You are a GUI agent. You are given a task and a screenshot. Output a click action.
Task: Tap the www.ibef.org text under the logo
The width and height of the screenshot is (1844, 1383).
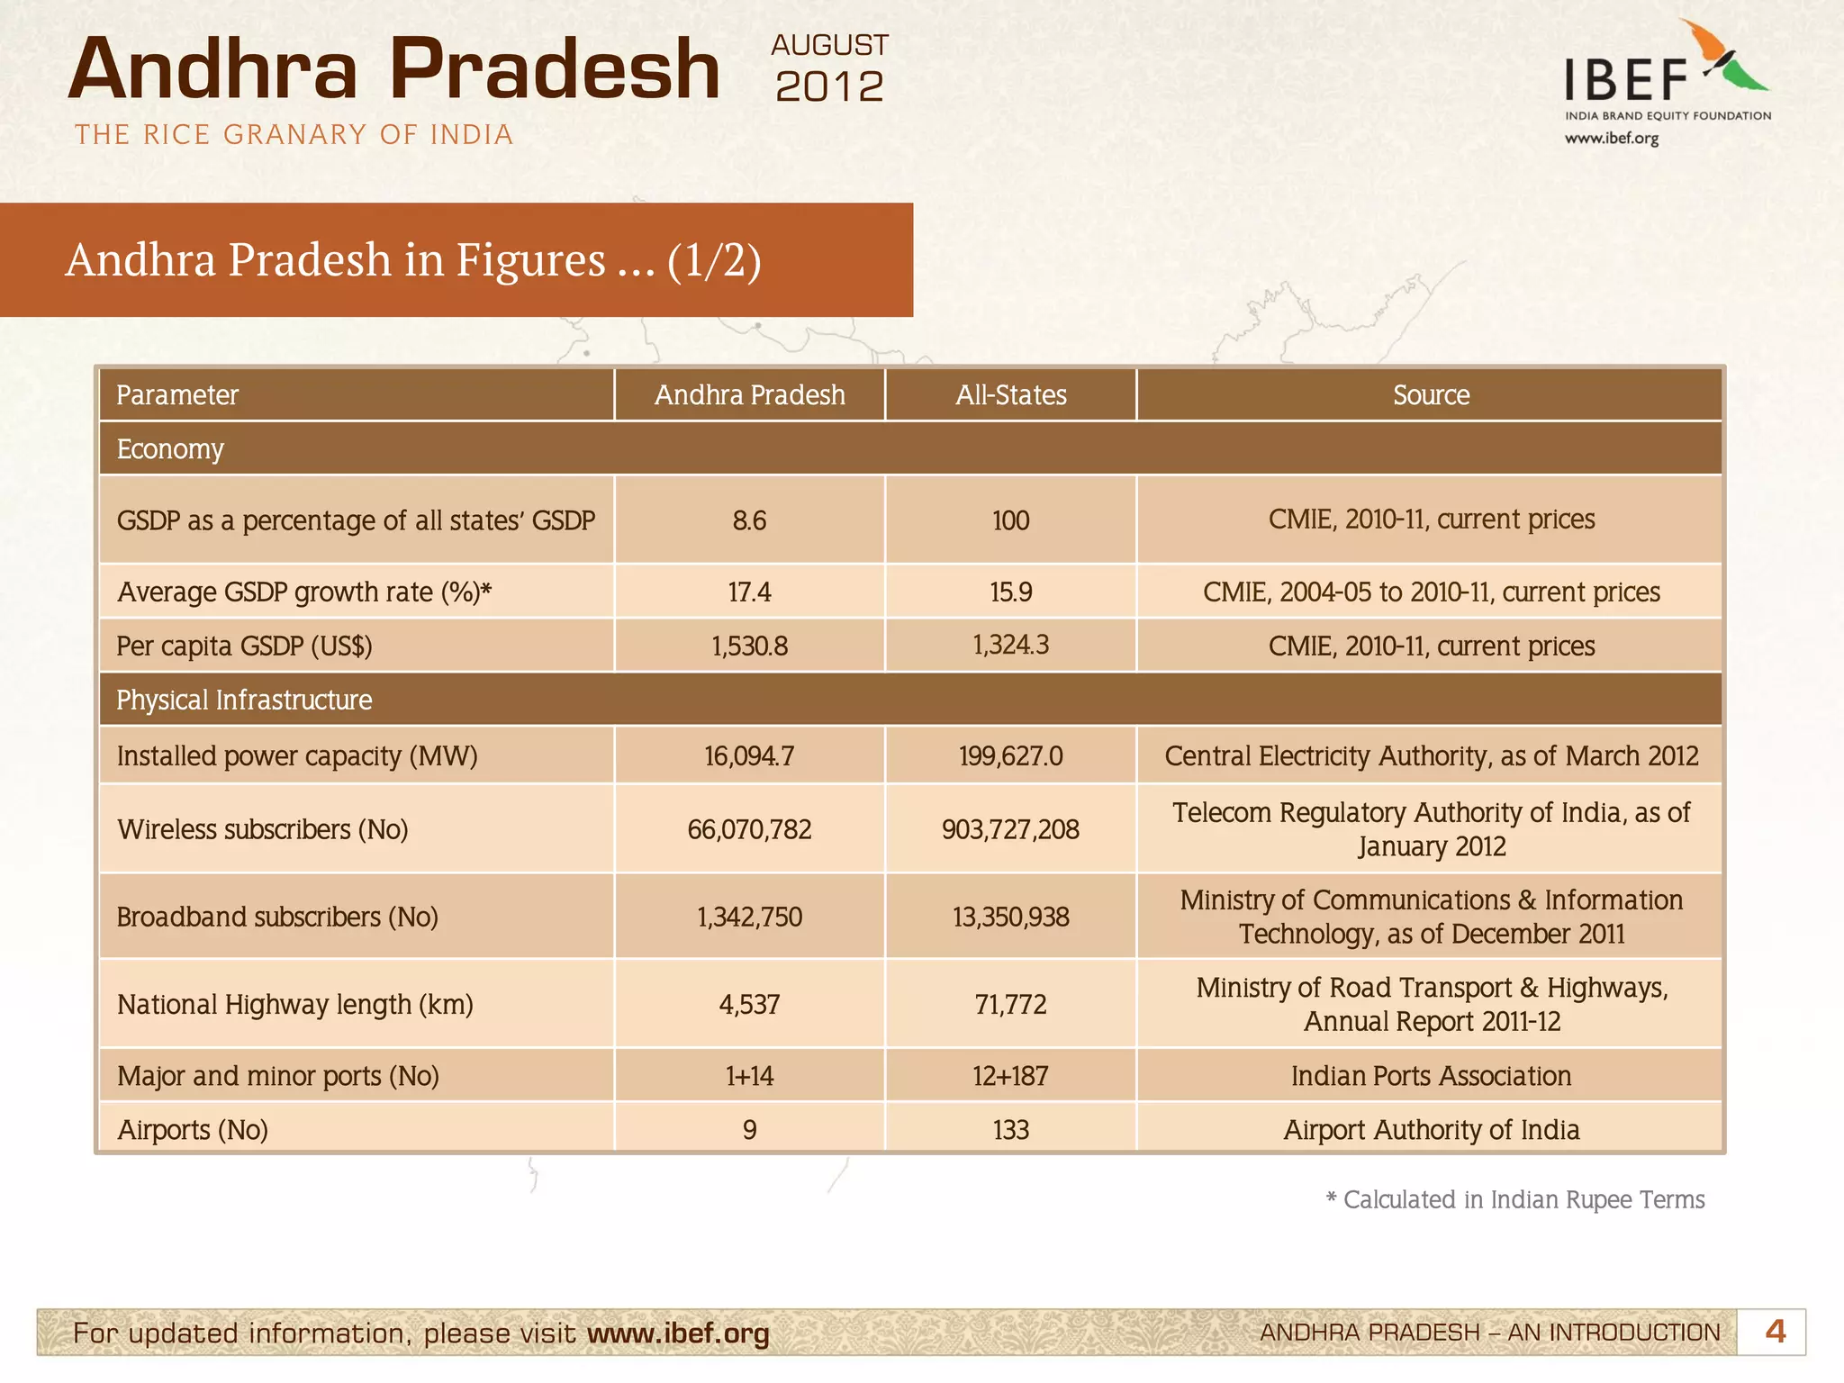[1611, 139]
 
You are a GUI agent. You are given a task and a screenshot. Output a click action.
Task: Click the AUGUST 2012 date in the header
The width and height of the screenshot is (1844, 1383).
[829, 69]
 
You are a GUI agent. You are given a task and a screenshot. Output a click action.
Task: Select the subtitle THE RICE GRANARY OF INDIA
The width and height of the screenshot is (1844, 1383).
[294, 135]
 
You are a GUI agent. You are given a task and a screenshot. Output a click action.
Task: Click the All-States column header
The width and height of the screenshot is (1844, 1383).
[1010, 395]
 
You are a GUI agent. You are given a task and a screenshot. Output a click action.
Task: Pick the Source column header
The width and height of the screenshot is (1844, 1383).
[1430, 395]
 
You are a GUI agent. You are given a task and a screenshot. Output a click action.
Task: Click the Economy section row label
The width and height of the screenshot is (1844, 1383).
[170, 448]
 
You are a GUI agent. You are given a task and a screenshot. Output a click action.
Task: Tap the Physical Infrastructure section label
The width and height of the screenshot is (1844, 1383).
[244, 700]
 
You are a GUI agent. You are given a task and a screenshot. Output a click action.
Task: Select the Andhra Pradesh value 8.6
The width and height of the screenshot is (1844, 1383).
[749, 520]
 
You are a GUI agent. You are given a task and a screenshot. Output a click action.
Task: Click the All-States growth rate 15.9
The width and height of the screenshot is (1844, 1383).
[1010, 592]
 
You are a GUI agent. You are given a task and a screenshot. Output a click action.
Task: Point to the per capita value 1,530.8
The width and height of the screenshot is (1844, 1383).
[749, 646]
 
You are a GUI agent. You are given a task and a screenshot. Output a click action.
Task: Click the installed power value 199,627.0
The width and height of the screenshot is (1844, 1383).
[1010, 755]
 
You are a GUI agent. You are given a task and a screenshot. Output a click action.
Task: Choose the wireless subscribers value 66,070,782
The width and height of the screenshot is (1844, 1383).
[749, 829]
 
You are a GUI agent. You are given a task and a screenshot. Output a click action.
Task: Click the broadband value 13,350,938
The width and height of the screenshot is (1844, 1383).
[1010, 917]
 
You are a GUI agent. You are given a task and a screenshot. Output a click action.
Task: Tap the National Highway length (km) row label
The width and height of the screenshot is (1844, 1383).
[295, 1004]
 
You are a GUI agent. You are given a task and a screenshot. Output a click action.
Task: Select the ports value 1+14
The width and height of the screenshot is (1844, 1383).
[749, 1076]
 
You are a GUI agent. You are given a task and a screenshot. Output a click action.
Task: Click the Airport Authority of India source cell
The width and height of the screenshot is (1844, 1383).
[1431, 1130]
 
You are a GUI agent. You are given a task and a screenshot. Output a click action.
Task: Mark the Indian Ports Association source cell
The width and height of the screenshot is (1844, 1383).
[1431, 1076]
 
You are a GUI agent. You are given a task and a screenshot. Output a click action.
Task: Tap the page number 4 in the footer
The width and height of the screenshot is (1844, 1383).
[1775, 1332]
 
